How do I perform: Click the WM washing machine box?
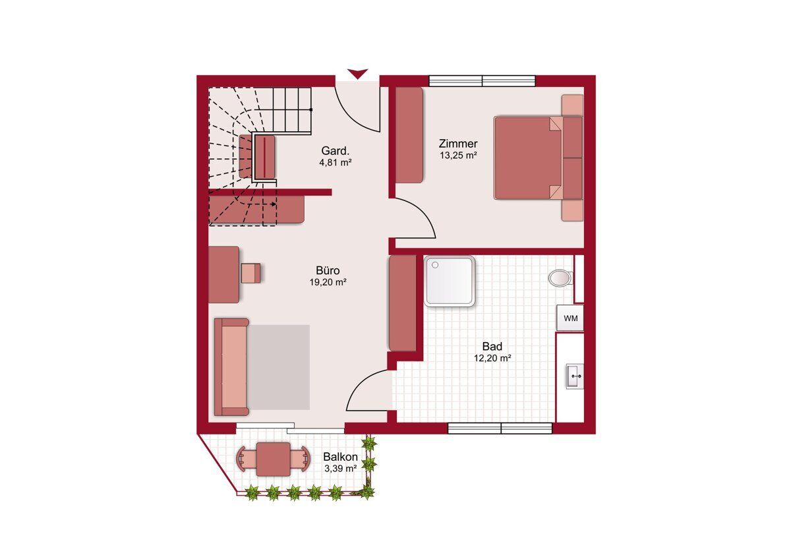point(570,318)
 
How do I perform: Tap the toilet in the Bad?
point(560,278)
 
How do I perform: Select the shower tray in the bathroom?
point(449,281)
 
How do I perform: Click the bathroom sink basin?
point(575,376)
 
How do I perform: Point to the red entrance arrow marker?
point(358,73)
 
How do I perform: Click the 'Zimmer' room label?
point(458,144)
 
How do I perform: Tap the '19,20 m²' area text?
point(328,283)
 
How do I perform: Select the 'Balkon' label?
point(340,457)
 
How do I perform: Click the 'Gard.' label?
point(335,151)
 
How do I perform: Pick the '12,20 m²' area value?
point(492,359)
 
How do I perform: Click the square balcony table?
point(274,459)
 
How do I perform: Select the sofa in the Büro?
point(231,367)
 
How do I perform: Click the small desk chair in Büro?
point(251,273)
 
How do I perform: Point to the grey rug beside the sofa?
point(279,367)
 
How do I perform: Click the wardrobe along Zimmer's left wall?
point(409,135)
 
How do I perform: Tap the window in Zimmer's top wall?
point(483,81)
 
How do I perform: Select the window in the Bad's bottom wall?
point(500,428)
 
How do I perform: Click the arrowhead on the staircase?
point(274,204)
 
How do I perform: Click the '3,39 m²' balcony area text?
point(340,469)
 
